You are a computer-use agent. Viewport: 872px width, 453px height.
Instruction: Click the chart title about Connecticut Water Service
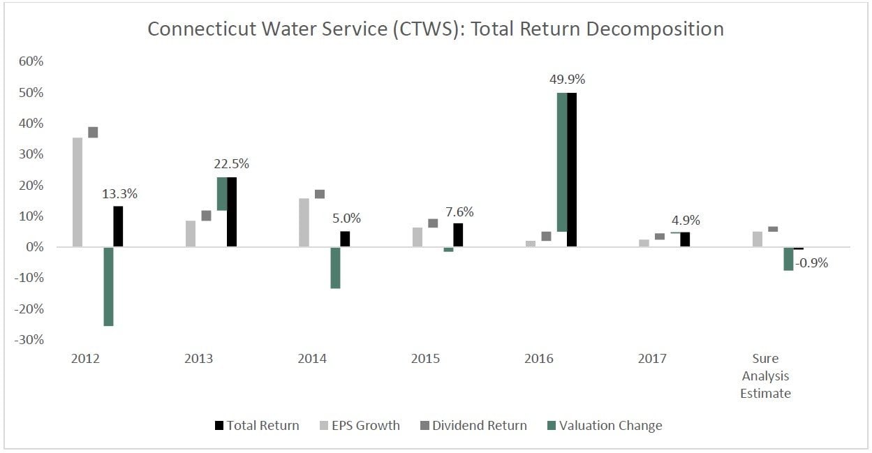click(436, 29)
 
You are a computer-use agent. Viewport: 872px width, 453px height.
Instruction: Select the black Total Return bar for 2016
click(572, 170)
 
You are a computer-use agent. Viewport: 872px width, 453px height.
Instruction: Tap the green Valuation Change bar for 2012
click(108, 286)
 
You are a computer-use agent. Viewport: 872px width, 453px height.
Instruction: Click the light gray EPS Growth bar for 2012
click(77, 192)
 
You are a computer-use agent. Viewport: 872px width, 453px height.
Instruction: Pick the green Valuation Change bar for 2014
click(335, 267)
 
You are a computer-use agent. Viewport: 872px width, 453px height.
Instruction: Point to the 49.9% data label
click(567, 80)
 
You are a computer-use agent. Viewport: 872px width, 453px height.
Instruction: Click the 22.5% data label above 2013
click(231, 164)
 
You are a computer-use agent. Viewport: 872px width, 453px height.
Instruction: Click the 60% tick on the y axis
click(30, 61)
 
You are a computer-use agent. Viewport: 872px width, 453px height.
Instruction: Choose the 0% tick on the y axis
click(34, 247)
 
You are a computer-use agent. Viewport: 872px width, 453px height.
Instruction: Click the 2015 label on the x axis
click(426, 359)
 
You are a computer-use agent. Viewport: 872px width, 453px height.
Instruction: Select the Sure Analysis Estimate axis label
click(765, 376)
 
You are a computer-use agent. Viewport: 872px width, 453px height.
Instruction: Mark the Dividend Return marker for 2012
click(93, 133)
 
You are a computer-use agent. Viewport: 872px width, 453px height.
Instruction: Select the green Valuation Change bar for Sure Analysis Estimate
click(788, 259)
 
